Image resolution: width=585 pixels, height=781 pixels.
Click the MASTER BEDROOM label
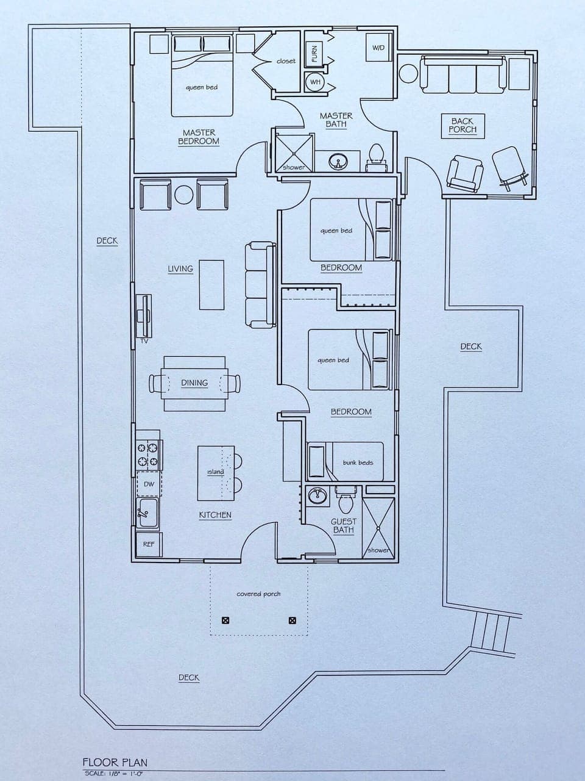tap(199, 137)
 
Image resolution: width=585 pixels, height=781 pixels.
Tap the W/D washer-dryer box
tap(378, 48)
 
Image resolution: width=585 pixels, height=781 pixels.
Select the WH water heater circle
tap(315, 82)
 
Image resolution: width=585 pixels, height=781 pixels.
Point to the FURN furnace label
tap(314, 53)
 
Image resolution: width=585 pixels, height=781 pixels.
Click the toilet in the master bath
tap(376, 156)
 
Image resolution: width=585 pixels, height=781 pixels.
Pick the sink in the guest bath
tap(317, 495)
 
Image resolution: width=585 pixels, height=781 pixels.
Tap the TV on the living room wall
tap(144, 316)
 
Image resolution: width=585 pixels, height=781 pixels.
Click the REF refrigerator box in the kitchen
tap(149, 544)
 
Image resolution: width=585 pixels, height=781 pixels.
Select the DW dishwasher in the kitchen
tap(149, 484)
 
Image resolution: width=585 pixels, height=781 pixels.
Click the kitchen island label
tap(215, 472)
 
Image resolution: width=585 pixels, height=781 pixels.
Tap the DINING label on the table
tap(194, 383)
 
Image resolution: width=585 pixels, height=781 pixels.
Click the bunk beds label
tap(358, 462)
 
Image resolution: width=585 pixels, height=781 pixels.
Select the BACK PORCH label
tap(463, 125)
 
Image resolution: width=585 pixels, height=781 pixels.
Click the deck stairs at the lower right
tap(491, 632)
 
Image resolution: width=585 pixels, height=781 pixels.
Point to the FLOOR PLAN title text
tap(115, 762)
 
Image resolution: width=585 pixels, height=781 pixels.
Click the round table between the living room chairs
tap(183, 195)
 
